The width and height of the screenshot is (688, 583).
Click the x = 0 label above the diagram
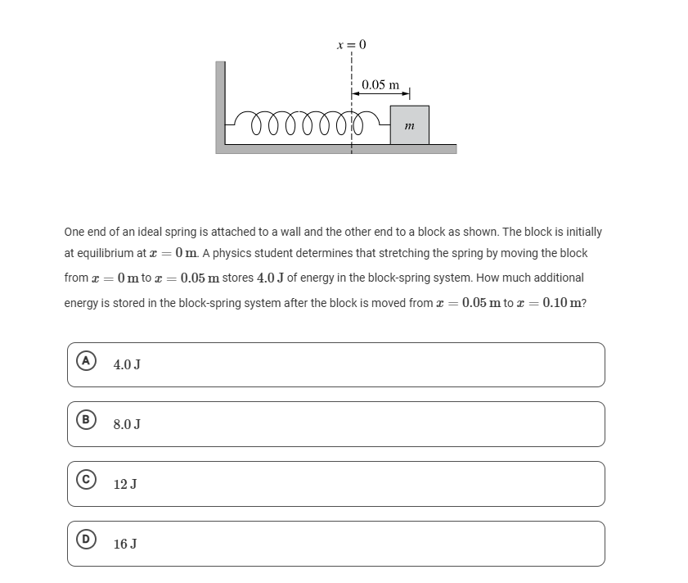click(x=352, y=44)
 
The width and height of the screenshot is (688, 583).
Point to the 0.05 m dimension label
click(x=380, y=84)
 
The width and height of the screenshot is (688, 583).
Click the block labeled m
click(x=409, y=125)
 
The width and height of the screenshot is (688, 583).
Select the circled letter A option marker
click(x=84, y=360)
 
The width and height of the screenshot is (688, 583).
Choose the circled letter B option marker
click(x=84, y=420)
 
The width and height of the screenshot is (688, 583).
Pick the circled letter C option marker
click(x=84, y=480)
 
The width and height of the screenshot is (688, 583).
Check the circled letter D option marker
click(x=84, y=540)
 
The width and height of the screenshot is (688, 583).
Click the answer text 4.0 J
click(x=127, y=364)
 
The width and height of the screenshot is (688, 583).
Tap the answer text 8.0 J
click(x=127, y=424)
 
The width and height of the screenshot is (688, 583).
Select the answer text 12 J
click(x=125, y=484)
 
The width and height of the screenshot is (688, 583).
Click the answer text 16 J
click(x=125, y=544)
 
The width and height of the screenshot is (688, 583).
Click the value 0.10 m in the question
click(x=564, y=302)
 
